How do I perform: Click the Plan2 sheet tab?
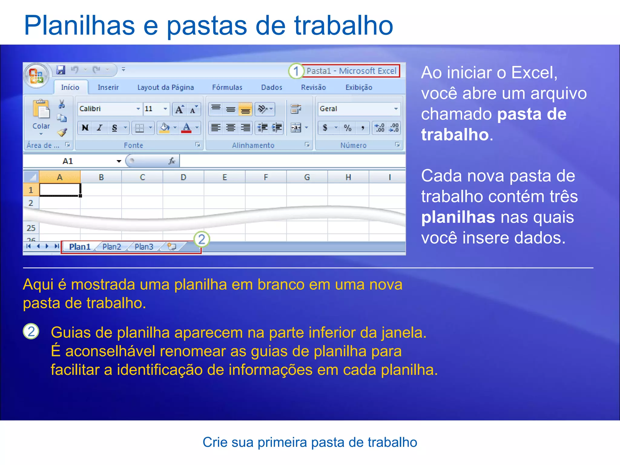point(112,247)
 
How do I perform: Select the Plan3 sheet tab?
point(144,247)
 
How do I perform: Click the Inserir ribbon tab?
point(108,87)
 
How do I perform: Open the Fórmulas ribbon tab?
point(227,87)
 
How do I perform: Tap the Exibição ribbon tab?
point(359,87)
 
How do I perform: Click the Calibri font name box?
point(106,109)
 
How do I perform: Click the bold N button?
point(85,128)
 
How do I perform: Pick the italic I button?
point(100,128)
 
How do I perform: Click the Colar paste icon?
point(41,110)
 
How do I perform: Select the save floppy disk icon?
point(61,70)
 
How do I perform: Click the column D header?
point(183,177)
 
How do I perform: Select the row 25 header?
point(31,228)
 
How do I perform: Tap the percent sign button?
point(348,128)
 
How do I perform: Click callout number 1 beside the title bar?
point(296,71)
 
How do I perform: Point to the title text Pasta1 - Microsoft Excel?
point(351,71)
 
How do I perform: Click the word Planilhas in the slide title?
point(79,25)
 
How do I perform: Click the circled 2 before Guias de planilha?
point(31,331)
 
